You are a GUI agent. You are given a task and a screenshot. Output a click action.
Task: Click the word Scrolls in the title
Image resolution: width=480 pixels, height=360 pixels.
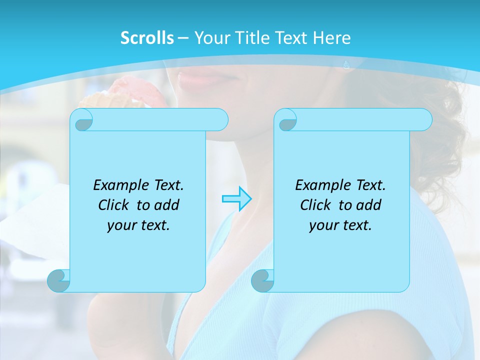(147, 38)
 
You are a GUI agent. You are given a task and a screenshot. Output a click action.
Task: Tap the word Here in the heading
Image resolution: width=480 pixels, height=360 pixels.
(331, 38)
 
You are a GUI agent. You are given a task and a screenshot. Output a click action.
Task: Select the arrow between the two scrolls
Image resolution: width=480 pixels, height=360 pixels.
(236, 199)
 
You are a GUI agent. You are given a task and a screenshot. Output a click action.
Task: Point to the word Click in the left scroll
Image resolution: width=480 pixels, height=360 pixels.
(113, 205)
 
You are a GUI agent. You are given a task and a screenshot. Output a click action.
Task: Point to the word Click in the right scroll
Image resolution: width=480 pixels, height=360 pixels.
(315, 205)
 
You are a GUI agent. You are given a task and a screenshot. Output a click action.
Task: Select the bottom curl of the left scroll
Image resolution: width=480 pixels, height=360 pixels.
(59, 280)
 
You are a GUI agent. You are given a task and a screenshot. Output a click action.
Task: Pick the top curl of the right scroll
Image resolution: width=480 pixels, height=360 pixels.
(287, 120)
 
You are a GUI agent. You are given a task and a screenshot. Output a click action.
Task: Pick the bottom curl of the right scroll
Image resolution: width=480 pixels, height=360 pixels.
(262, 280)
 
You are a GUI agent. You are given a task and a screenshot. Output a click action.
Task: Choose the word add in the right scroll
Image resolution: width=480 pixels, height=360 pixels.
(369, 205)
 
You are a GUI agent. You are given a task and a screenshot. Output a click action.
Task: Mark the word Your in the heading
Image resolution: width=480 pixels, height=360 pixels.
(210, 38)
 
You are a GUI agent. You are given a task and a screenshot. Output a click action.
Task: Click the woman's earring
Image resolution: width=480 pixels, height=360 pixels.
(346, 64)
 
